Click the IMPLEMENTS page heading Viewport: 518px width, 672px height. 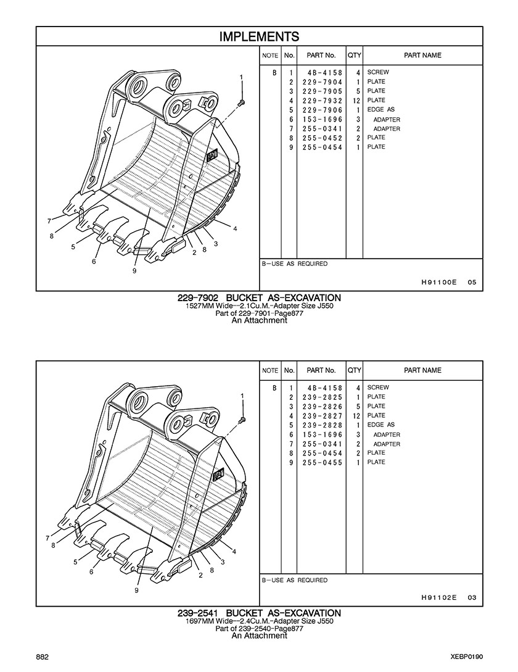[x=259, y=36]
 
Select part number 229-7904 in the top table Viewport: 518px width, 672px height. [x=322, y=82]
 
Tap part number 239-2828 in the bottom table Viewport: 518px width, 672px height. [x=322, y=425]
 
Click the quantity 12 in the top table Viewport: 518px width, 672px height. [x=356, y=101]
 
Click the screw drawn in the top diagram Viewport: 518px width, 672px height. [x=240, y=103]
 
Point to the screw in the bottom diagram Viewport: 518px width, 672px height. [x=242, y=419]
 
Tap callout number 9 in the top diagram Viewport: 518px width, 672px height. [x=134, y=271]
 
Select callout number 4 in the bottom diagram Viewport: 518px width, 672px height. [x=234, y=551]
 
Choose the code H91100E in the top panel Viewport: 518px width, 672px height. [x=439, y=283]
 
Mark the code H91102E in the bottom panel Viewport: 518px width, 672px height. [x=439, y=597]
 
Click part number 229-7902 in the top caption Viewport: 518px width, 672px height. [x=198, y=297]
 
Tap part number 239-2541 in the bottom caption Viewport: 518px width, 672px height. [x=198, y=613]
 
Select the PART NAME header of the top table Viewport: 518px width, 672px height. [x=422, y=56]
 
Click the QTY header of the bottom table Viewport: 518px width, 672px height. [x=355, y=370]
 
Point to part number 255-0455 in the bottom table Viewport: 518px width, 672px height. [x=322, y=462]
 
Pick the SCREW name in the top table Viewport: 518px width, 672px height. [x=378, y=72]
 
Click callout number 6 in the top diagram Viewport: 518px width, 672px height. [x=93, y=262]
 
